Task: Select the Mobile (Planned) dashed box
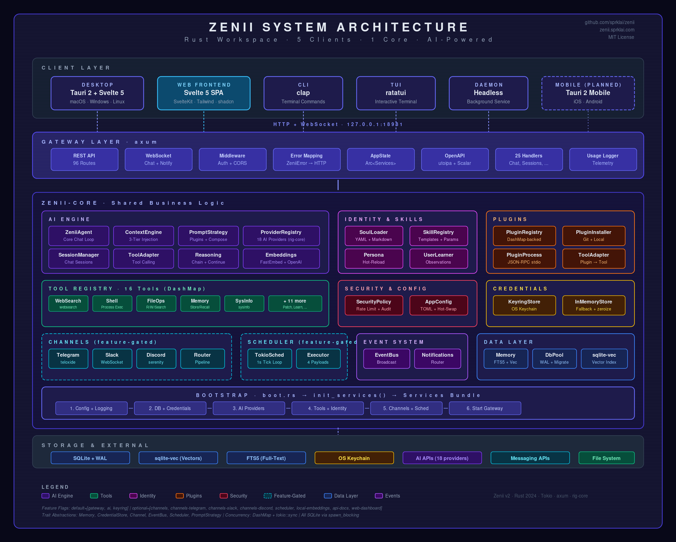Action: click(x=588, y=93)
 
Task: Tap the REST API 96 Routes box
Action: click(x=84, y=159)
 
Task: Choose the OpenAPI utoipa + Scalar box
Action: click(x=455, y=159)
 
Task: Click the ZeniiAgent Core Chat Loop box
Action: click(x=79, y=236)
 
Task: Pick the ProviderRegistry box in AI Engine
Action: click(x=281, y=236)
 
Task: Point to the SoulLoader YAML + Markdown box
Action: click(x=373, y=236)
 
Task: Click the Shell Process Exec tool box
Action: click(x=112, y=303)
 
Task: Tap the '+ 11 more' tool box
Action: click(x=295, y=303)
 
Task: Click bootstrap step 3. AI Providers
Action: click(x=249, y=408)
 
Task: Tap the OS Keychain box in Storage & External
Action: click(x=354, y=458)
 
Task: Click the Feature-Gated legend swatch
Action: click(x=267, y=496)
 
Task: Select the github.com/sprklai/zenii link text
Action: click(x=609, y=22)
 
